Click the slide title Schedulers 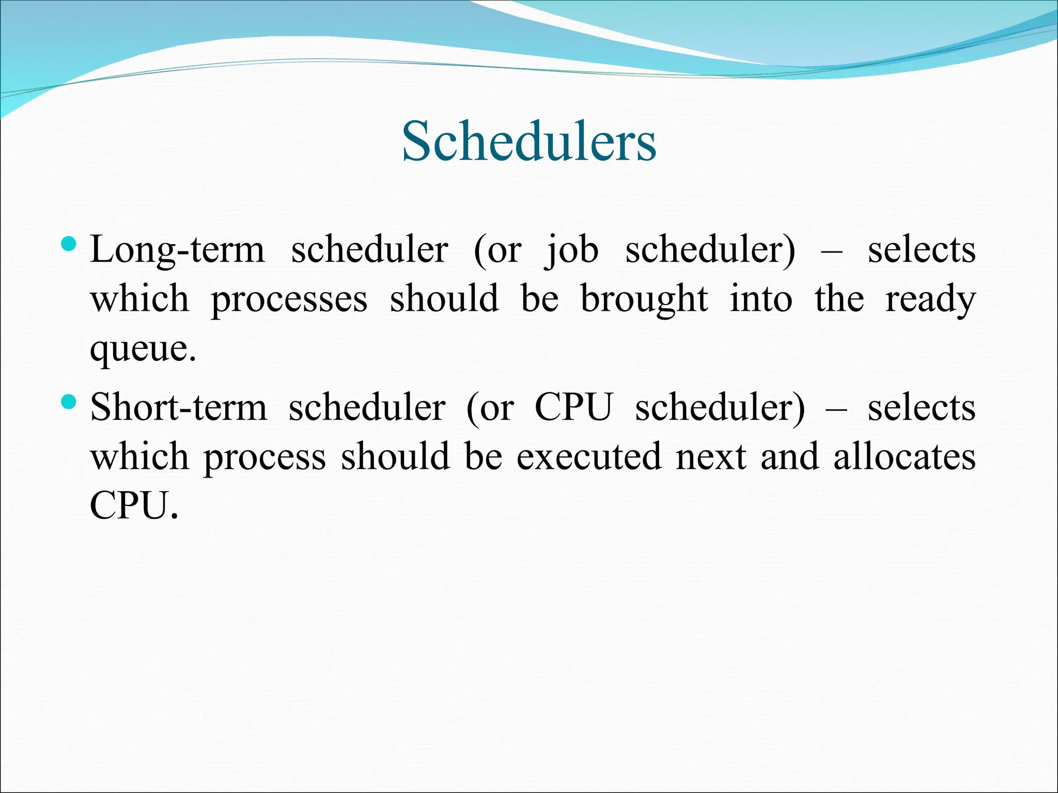point(529,141)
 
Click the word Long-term point(177,250)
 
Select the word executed point(589,457)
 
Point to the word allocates point(905,457)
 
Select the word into point(761,300)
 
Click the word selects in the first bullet point(922,250)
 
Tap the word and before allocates point(789,457)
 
